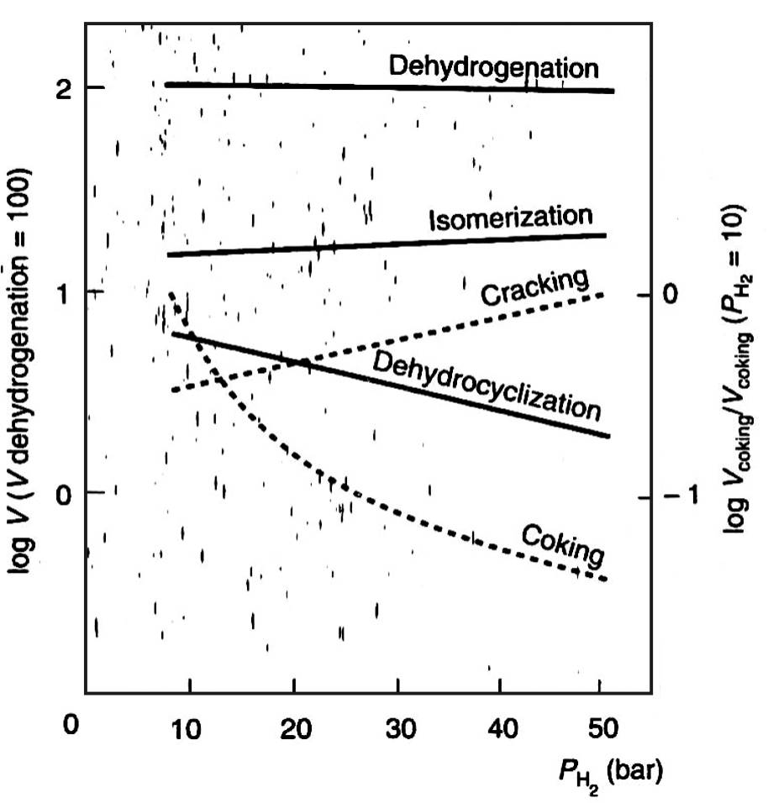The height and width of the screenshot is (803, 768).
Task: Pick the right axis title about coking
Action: coord(734,370)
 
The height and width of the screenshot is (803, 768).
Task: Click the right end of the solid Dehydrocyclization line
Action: coord(607,436)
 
